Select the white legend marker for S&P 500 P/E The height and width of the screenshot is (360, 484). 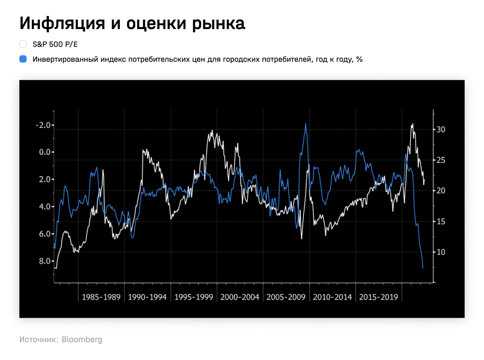[23, 44]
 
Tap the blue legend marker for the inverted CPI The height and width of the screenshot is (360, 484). [23, 59]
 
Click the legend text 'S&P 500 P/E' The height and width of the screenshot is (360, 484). [55, 44]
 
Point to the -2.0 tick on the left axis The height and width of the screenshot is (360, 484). [43, 125]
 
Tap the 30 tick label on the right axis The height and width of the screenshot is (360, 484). [440, 130]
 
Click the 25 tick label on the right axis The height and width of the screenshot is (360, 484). [440, 160]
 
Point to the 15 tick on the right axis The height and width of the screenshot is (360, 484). [440, 222]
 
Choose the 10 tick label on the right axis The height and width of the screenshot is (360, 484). [440, 252]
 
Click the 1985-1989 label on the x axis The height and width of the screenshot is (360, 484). [101, 297]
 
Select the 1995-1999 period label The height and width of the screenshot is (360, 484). [194, 297]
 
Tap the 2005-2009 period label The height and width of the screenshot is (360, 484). [286, 297]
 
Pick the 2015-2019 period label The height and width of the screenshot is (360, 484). [378, 297]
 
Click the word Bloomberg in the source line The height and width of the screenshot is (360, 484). [82, 339]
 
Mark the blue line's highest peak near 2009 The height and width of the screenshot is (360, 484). [306, 124]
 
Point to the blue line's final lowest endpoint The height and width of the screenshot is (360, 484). [423, 268]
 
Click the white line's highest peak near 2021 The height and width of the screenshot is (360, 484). [412, 124]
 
